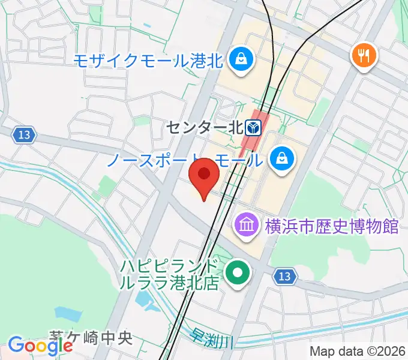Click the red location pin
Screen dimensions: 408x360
205,175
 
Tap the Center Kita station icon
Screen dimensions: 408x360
253,127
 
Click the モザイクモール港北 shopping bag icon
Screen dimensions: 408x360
241,59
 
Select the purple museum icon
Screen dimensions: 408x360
247,226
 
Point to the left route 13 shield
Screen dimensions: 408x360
23,135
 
